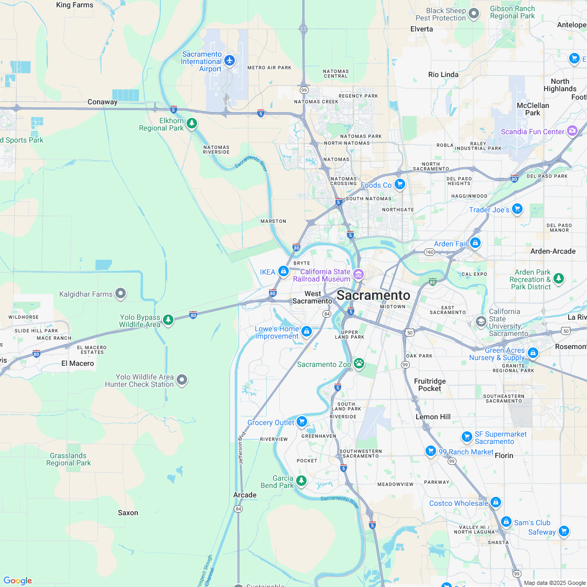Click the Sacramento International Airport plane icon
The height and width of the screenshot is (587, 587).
point(230,60)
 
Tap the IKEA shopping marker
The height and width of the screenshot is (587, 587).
point(284,271)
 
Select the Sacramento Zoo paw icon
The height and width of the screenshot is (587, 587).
point(359,363)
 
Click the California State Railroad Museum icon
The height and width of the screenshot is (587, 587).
point(358,274)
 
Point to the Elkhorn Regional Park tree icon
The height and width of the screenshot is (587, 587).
point(192,124)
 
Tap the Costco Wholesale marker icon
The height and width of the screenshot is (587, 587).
point(496,503)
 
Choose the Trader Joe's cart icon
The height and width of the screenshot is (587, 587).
point(517,209)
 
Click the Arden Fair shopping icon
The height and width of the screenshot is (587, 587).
point(475,243)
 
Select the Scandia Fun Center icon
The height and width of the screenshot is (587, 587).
point(572,131)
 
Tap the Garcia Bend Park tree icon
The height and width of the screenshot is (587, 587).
point(301,480)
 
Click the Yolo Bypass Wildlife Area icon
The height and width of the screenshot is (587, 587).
point(168,320)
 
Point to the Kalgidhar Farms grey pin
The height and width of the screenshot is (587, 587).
point(121,293)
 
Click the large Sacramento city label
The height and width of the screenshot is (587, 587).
point(373,295)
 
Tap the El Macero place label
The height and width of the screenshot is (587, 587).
point(78,363)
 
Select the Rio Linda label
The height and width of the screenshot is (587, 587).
point(443,74)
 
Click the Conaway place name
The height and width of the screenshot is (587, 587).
point(102,102)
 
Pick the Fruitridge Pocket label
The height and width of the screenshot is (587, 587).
point(430,385)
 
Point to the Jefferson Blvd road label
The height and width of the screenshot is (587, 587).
point(242,449)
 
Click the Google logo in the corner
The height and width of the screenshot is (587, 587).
point(17,580)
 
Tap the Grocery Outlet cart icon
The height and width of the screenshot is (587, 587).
point(301,421)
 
